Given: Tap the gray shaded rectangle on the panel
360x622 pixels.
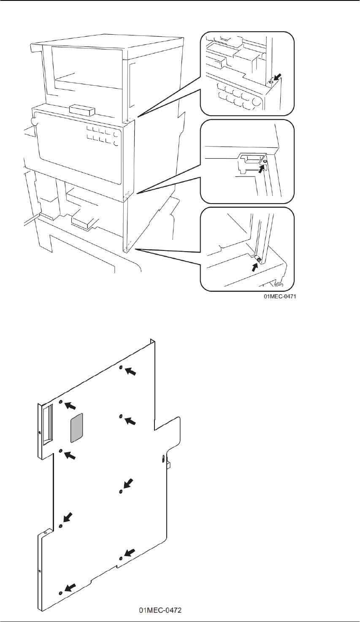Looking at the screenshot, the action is (x=76, y=428).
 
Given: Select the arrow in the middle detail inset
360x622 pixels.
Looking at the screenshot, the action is (x=263, y=168).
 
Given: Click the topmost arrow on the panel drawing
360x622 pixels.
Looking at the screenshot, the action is (x=131, y=372).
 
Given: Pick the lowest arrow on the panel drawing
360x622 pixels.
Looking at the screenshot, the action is (x=70, y=588).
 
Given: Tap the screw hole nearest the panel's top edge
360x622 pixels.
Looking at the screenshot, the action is (x=121, y=368).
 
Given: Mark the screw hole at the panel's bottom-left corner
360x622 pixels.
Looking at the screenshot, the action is (x=61, y=593).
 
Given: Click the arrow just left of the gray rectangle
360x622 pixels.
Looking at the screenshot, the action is (x=70, y=406).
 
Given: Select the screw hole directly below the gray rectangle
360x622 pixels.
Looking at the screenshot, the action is (x=61, y=451).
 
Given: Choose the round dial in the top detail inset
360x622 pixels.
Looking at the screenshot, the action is (x=256, y=102).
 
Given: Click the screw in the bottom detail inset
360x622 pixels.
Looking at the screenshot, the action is (x=258, y=259).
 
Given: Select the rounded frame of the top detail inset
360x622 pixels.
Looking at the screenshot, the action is (x=247, y=32).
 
